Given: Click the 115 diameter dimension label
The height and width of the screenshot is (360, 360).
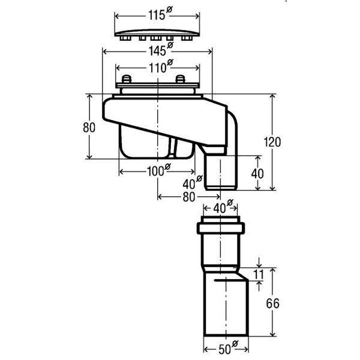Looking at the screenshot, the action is pyautogui.click(x=160, y=14).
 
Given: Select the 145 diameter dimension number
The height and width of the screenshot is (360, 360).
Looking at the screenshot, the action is pyautogui.click(x=161, y=50).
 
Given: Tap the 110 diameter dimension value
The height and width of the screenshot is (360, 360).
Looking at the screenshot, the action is pyautogui.click(x=161, y=67).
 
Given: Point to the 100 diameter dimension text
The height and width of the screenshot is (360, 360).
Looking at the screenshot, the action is pyautogui.click(x=158, y=170).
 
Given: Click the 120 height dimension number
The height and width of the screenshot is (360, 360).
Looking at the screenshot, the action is pyautogui.click(x=272, y=142).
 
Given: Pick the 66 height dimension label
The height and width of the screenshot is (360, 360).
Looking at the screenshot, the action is pyautogui.click(x=273, y=303).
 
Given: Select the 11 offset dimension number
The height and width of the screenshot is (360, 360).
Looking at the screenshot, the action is pyautogui.click(x=259, y=274).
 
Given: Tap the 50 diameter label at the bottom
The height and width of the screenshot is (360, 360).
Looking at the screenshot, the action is pyautogui.click(x=228, y=348).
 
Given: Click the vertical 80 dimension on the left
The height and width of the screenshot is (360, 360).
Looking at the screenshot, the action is pyautogui.click(x=89, y=127).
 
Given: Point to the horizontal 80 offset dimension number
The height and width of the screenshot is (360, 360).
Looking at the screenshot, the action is pyautogui.click(x=189, y=197).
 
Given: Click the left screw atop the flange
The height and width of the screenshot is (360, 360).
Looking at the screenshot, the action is pyautogui.click(x=126, y=79).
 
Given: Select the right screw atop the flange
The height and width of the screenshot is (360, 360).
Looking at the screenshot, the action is pyautogui.click(x=180, y=79).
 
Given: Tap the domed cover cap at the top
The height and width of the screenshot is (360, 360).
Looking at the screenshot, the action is pyautogui.click(x=157, y=34).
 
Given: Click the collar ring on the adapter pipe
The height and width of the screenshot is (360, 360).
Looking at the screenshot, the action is pyautogui.click(x=221, y=228).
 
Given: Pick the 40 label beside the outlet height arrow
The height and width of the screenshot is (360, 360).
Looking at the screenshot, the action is pyautogui.click(x=257, y=174).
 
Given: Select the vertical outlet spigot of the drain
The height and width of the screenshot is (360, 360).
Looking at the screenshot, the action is pyautogui.click(x=221, y=172).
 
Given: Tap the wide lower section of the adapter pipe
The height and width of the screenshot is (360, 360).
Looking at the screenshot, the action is pyautogui.click(x=226, y=305).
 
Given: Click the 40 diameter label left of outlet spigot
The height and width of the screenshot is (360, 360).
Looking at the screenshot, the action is pyautogui.click(x=193, y=182).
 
